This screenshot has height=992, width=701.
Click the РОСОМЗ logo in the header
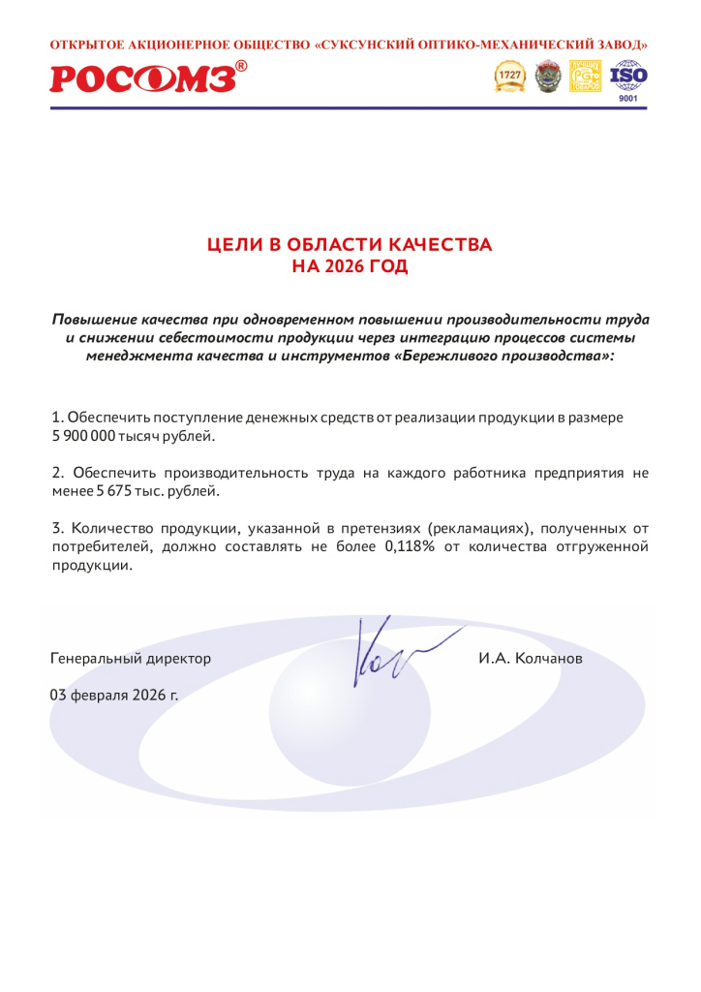tap(142, 78)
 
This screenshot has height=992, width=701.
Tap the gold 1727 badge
tap(509, 76)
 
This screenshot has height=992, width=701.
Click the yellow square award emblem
tap(586, 76)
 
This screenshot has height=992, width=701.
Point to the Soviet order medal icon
tap(548, 76)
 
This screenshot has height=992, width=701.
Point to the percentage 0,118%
tap(411, 546)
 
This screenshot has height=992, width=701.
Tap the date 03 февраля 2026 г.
tap(114, 695)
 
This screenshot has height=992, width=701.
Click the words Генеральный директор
tap(130, 659)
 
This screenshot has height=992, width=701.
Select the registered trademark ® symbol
tap(241, 66)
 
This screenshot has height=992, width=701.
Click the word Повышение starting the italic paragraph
tap(94, 319)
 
